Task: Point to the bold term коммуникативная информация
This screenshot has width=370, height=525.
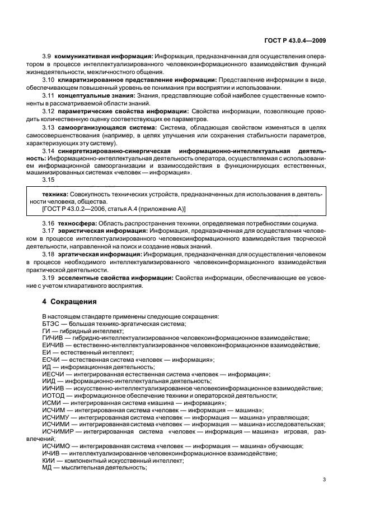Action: (104, 57)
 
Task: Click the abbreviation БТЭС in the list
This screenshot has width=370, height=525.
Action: (51, 324)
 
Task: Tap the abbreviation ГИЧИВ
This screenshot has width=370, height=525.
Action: (53, 338)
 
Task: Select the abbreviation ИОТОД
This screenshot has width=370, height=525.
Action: (53, 395)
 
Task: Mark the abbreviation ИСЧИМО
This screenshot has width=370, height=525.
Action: (55, 446)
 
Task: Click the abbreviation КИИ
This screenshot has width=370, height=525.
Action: (49, 460)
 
